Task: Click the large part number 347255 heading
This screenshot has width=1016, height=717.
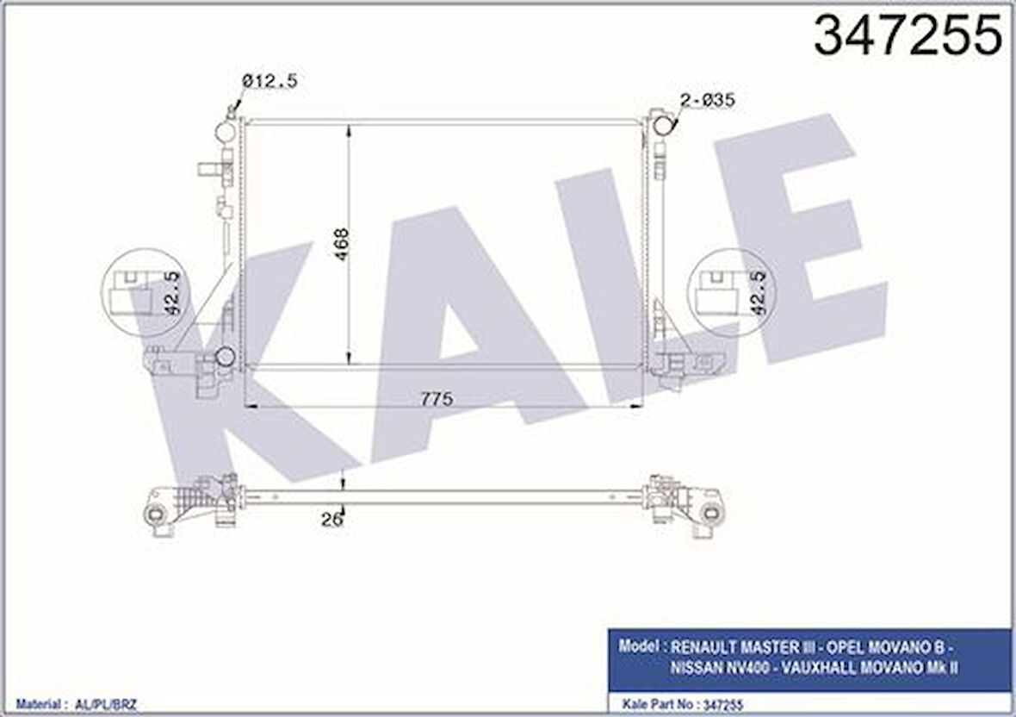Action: [908, 35]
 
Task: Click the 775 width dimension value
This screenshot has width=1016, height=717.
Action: [437, 399]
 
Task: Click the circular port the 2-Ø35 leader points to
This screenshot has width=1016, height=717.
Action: [663, 126]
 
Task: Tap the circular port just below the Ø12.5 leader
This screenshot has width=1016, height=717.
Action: [226, 132]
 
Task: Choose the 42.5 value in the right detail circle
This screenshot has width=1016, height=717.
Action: [759, 291]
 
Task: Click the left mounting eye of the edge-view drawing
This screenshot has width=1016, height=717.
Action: [155, 514]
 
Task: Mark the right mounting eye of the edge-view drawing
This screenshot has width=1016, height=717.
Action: [711, 514]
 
